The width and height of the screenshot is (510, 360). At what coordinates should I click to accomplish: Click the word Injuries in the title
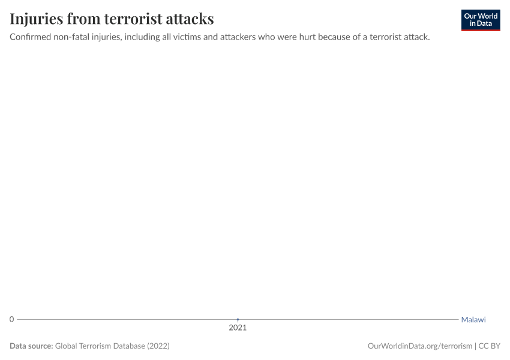tap(36, 19)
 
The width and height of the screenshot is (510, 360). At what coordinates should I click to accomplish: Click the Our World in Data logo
tap(480, 20)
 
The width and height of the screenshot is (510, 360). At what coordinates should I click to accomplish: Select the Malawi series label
tap(473, 320)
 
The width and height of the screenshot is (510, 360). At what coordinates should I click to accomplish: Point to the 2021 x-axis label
tap(238, 328)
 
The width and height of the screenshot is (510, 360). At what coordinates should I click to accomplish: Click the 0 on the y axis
tap(11, 319)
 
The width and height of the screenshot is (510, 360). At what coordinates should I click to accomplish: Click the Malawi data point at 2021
tap(238, 319)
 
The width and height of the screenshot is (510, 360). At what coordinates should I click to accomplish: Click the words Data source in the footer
tap(31, 346)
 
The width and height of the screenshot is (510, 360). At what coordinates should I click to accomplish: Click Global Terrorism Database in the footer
tap(100, 346)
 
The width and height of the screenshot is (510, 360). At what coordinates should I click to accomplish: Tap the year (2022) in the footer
tap(158, 346)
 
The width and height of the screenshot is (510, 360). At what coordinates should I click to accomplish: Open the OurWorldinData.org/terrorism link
tap(419, 346)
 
